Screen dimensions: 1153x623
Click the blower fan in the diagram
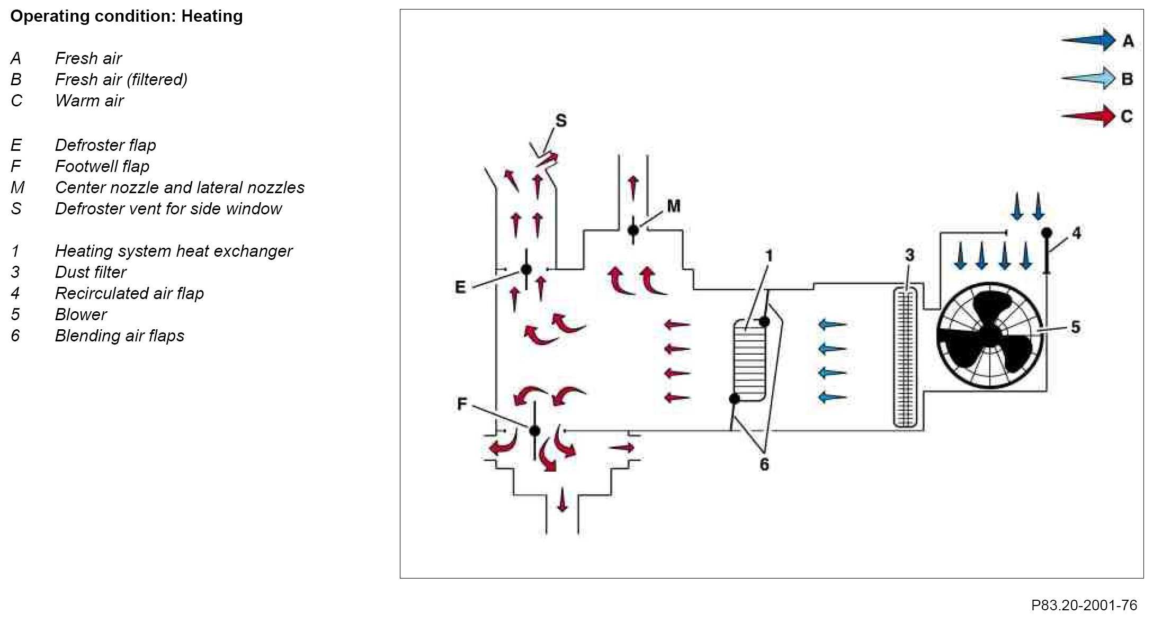pyautogui.click(x=989, y=335)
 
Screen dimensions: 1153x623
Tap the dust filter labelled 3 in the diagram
pyautogui.click(x=906, y=357)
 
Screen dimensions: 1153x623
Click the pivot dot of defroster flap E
pyautogui.click(x=526, y=269)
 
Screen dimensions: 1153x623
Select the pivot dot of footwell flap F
pyautogui.click(x=535, y=430)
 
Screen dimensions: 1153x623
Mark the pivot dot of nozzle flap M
pyautogui.click(x=633, y=230)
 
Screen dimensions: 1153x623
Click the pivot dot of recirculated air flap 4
pyautogui.click(x=1047, y=233)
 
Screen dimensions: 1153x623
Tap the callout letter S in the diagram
pyautogui.click(x=561, y=121)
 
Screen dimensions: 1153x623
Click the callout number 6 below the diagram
pyautogui.click(x=764, y=464)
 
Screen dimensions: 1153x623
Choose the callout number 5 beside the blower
pyautogui.click(x=1075, y=327)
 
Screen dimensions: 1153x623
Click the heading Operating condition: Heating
pyautogui.click(x=127, y=16)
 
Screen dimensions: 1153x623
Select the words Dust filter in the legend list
pyautogui.click(x=91, y=272)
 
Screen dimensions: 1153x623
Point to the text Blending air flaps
pyautogui.click(x=119, y=336)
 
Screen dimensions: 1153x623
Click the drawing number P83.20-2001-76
pyautogui.click(x=1084, y=605)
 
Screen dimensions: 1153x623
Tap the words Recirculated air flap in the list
pyautogui.click(x=129, y=293)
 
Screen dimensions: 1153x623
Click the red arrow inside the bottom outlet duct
pyautogui.click(x=562, y=499)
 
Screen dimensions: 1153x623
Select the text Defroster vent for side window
pyautogui.click(x=168, y=209)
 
